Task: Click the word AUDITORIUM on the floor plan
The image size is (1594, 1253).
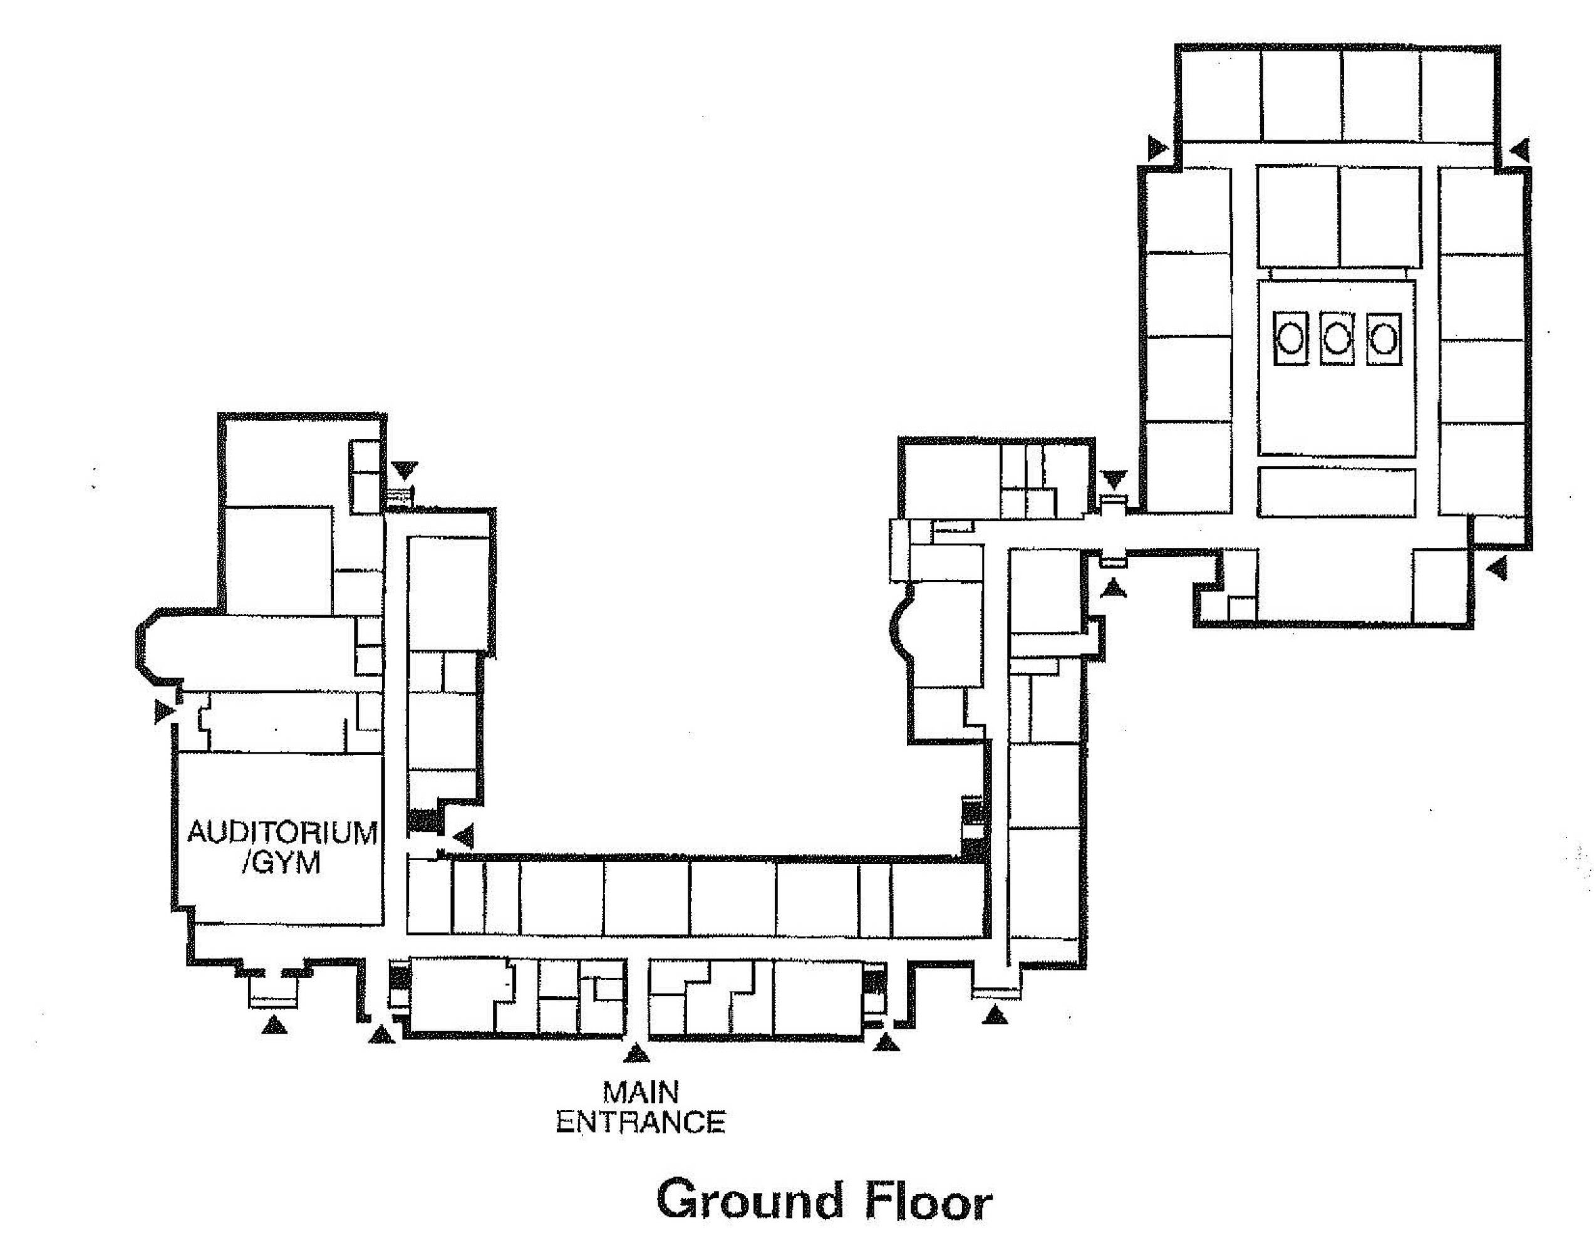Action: coord(282,833)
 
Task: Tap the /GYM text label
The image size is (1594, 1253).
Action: coord(282,863)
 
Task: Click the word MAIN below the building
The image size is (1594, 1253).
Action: coord(640,1093)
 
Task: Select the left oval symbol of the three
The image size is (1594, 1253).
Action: coord(1290,339)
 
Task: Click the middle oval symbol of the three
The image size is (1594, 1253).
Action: coord(1337,339)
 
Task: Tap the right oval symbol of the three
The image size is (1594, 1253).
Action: coord(1384,339)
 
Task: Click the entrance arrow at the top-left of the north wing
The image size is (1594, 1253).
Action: coord(1157,148)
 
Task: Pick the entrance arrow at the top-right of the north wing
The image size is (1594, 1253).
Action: coord(1521,149)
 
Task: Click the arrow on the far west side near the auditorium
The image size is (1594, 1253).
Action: coord(164,711)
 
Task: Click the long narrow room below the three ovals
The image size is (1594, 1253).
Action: coord(1337,492)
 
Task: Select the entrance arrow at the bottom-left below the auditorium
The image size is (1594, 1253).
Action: coord(274,1024)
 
